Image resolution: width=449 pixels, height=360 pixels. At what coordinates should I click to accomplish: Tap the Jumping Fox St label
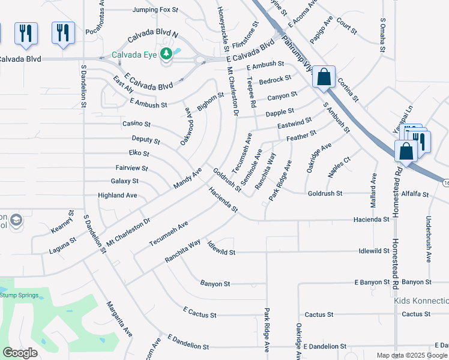[x=155, y=10]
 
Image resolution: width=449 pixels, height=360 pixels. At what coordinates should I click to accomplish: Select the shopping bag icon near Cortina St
[x=324, y=77]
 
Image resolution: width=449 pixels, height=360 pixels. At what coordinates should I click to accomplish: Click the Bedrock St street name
[x=275, y=79]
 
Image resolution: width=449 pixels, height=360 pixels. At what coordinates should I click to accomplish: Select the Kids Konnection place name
[x=421, y=300]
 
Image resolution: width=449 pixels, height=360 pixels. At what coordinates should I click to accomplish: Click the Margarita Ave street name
[x=119, y=319]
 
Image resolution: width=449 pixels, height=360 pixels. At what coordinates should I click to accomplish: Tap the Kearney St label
[x=62, y=221]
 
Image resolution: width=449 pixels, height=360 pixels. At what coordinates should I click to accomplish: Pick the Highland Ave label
[x=118, y=196]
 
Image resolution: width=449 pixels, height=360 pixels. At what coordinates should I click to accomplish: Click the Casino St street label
[x=136, y=124]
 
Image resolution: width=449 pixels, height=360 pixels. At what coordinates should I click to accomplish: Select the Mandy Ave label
[x=188, y=179]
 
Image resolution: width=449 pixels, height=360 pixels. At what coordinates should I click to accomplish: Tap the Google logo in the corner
[x=20, y=353]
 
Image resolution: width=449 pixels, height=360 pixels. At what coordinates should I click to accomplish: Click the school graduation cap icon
[x=16, y=220]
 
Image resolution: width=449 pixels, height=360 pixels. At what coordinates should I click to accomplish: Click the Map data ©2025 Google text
[x=411, y=355]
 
